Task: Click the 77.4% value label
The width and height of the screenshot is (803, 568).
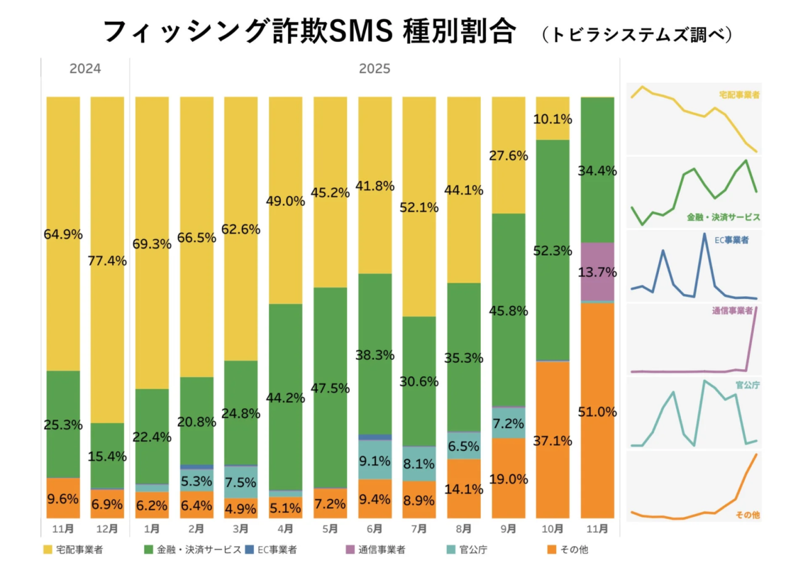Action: (x=108, y=261)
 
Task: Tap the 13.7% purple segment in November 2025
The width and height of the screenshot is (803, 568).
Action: (x=597, y=272)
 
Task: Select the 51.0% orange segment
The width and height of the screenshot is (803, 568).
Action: (x=597, y=411)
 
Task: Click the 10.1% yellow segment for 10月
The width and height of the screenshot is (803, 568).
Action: (x=553, y=118)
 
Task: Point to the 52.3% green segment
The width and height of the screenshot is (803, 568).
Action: (x=553, y=250)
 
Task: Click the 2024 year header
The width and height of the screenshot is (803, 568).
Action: (x=85, y=69)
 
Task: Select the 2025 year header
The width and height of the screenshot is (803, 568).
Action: (x=374, y=69)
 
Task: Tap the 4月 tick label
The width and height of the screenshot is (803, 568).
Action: (x=285, y=529)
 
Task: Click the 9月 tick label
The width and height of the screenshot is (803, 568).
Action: (x=508, y=529)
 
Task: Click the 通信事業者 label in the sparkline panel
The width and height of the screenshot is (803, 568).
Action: (x=735, y=311)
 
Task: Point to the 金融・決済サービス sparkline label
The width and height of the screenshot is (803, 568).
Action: (x=723, y=217)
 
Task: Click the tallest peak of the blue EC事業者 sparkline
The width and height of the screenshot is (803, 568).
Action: (x=704, y=234)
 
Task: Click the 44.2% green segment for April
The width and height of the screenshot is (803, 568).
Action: (x=285, y=397)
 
